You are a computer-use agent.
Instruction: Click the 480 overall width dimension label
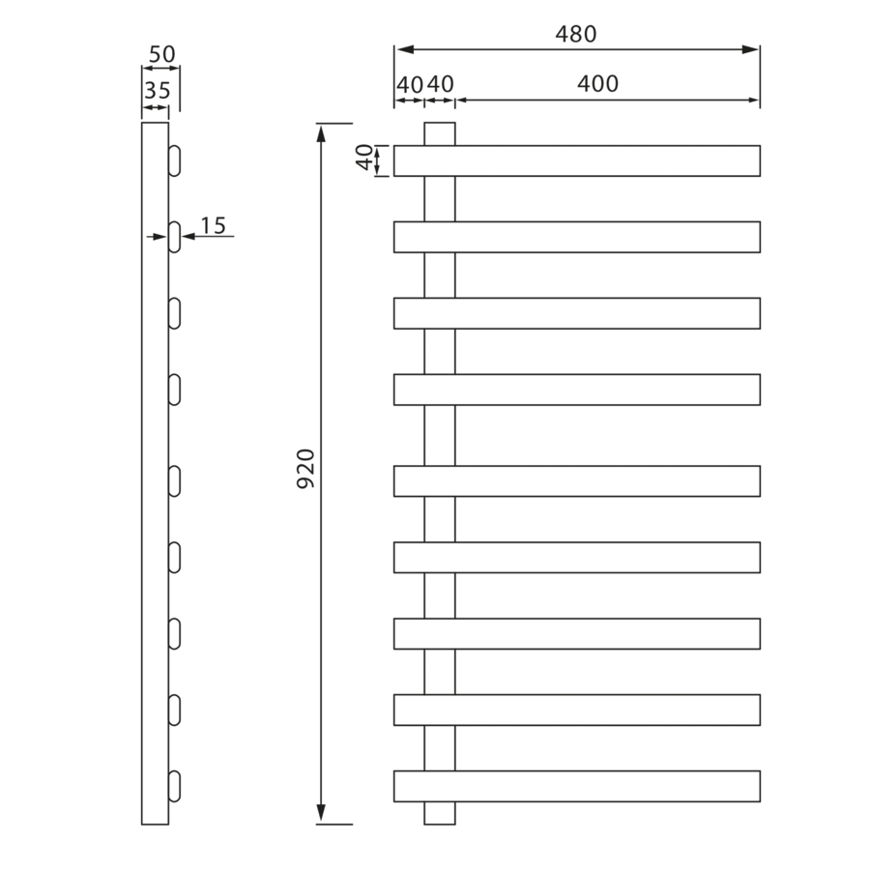click(x=576, y=34)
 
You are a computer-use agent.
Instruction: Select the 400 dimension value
click(x=597, y=84)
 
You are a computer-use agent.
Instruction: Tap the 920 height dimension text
click(x=305, y=469)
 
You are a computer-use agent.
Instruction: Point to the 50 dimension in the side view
click(x=161, y=54)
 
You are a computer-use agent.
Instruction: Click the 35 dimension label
click(x=157, y=92)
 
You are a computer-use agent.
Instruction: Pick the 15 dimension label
click(x=213, y=225)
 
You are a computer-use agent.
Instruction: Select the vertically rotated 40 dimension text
click(x=364, y=158)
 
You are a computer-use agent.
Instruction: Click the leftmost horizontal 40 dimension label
click(x=409, y=84)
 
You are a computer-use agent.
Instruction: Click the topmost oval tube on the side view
click(x=174, y=160)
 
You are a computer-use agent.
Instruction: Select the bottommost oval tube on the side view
click(x=174, y=786)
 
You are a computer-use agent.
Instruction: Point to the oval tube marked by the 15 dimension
click(x=174, y=237)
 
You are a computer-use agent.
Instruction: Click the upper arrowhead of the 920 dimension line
click(x=321, y=131)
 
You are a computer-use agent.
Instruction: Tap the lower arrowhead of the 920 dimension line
click(x=321, y=816)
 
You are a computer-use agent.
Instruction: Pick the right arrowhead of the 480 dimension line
click(x=751, y=49)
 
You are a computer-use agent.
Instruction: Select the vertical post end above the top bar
click(x=439, y=133)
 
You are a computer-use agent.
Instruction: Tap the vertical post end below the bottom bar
click(x=439, y=813)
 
